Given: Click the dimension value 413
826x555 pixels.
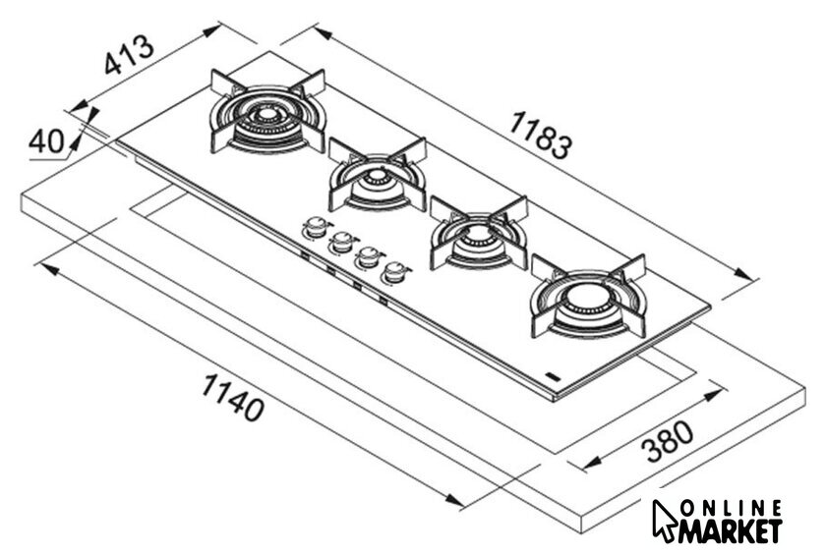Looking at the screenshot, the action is (130, 54).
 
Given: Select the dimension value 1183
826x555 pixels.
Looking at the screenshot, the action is (541, 135).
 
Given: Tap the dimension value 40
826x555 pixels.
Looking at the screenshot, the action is (46, 141).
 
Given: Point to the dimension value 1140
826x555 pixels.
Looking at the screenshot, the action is (232, 397).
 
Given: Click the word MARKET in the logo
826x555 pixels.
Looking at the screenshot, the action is (730, 531).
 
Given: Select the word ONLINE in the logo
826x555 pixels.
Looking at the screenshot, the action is (731, 509).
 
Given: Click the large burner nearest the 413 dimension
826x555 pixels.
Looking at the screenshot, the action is (267, 113).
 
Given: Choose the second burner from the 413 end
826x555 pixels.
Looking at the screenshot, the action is (378, 175).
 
